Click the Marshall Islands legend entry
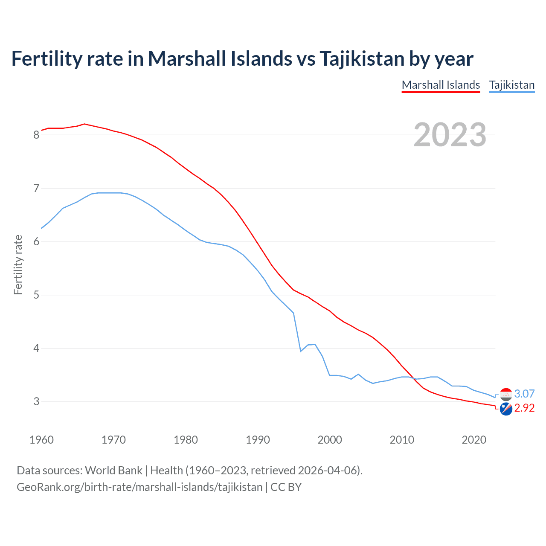[x=441, y=85]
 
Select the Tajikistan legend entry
[x=511, y=85]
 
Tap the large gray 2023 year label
[x=450, y=135]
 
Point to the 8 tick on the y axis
[x=36, y=135]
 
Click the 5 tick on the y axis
[x=36, y=295]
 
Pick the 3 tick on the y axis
[x=36, y=402]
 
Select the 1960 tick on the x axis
[x=41, y=440]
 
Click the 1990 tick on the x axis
[x=258, y=440]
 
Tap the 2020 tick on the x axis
[x=474, y=440]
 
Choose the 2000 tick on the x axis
[x=330, y=440]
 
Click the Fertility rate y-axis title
[x=18, y=264]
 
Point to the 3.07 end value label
[x=524, y=394]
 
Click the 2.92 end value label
[x=524, y=408]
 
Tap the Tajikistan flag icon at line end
[x=506, y=394]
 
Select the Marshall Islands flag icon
[x=506, y=409]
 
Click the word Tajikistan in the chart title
[x=362, y=58]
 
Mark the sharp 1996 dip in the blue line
[x=301, y=351]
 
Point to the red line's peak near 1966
[x=84, y=124]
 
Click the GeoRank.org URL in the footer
[x=139, y=487]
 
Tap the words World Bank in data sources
[x=113, y=470]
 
